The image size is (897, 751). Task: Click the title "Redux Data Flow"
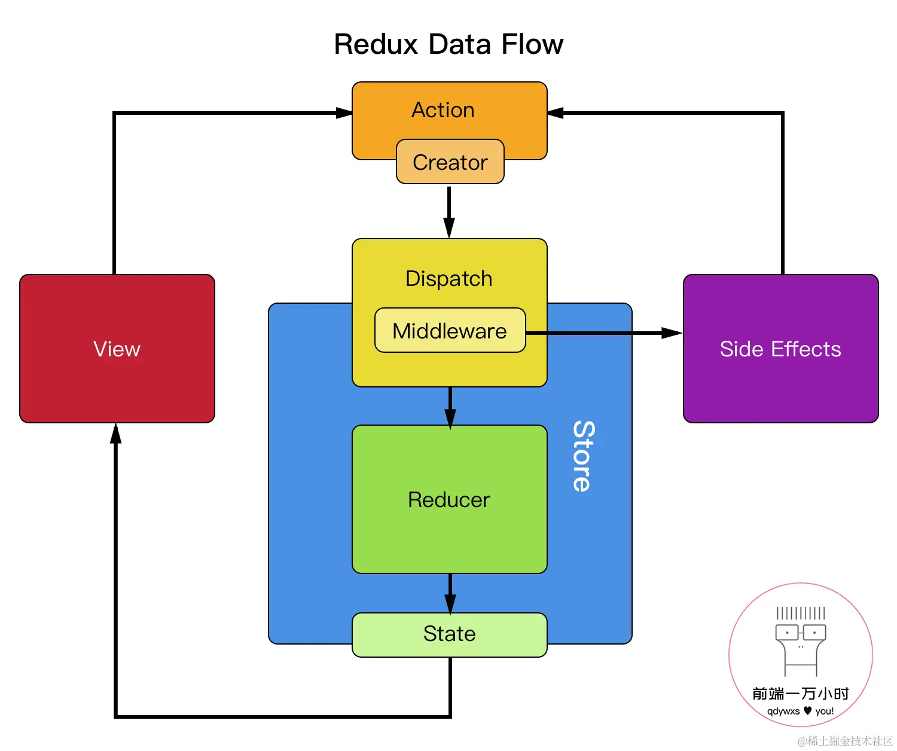click(x=448, y=44)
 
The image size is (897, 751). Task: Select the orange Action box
click(x=443, y=111)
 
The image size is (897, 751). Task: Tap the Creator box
click(x=450, y=162)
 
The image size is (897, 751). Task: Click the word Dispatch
click(x=448, y=279)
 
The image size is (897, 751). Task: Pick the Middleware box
click(x=450, y=331)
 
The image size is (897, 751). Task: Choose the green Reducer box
click(x=449, y=499)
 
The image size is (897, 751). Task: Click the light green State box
click(x=449, y=634)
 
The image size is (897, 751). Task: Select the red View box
click(x=117, y=349)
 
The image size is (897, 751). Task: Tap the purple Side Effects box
click(x=780, y=349)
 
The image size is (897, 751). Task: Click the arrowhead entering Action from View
click(x=344, y=113)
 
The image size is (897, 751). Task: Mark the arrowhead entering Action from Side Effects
click(x=556, y=113)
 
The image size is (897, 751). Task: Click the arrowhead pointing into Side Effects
click(x=672, y=333)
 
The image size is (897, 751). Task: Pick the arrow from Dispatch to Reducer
click(x=450, y=407)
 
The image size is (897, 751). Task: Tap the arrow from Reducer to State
click(x=450, y=593)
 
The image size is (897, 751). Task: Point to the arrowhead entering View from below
click(x=116, y=433)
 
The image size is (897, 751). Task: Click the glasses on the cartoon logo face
click(x=800, y=632)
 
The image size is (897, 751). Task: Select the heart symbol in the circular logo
click(x=808, y=710)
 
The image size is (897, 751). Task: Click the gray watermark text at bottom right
click(x=845, y=741)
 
